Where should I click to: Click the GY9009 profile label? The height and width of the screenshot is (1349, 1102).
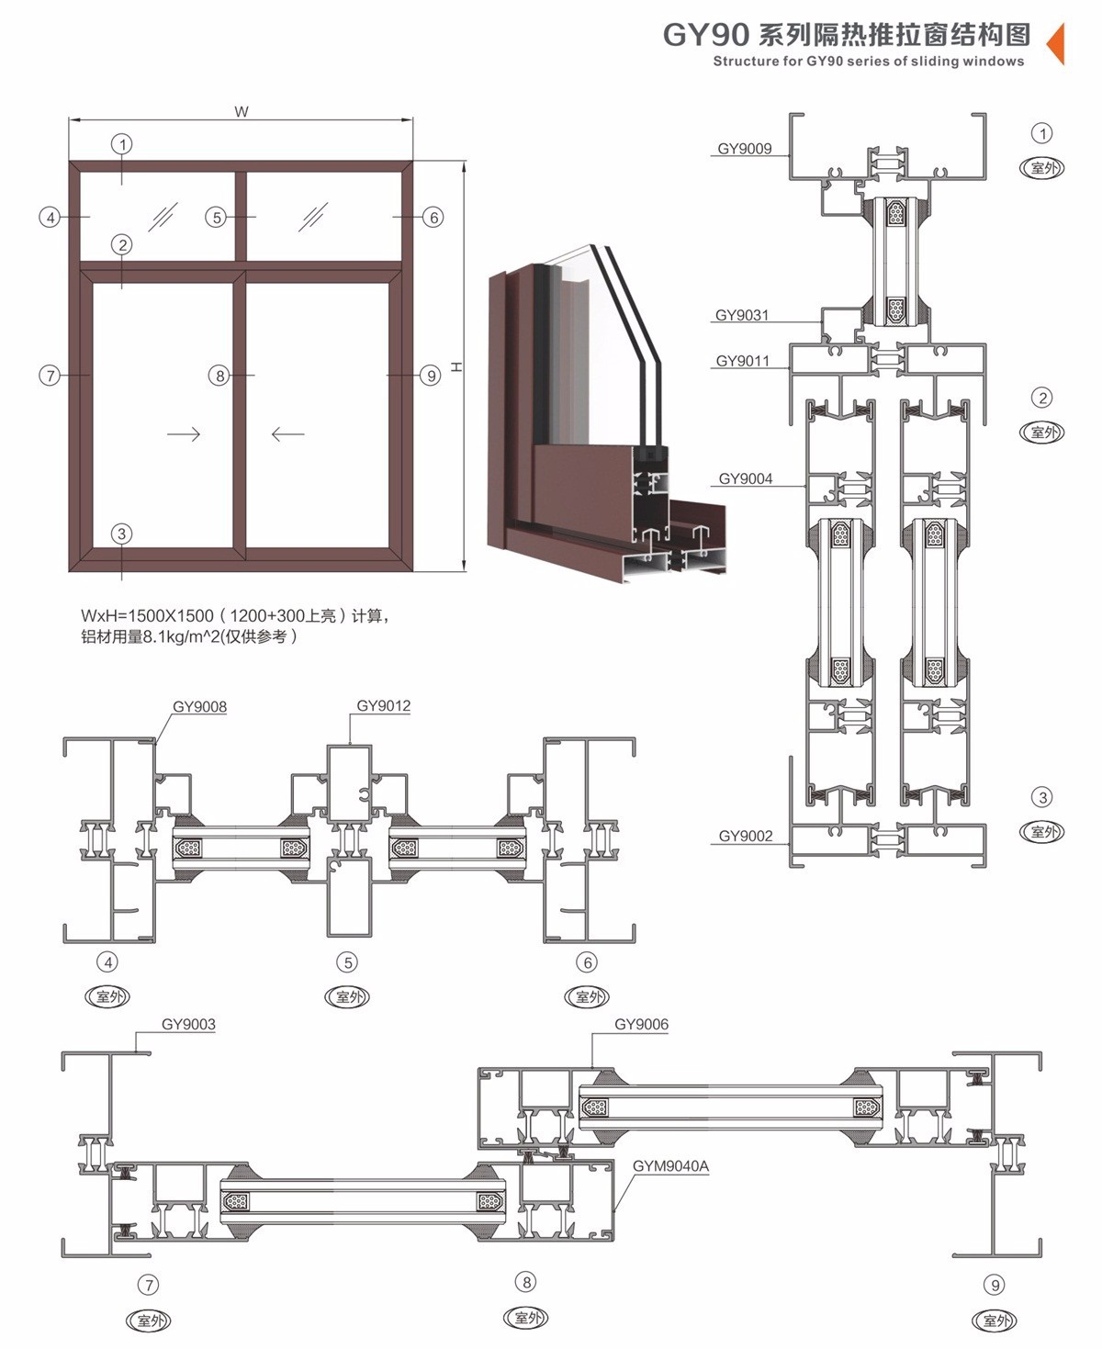745,149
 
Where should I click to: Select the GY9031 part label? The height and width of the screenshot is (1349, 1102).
742,315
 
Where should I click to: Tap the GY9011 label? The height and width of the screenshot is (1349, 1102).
743,361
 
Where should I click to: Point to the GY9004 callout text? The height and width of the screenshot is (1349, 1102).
746,478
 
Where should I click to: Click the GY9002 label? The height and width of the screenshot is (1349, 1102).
746,836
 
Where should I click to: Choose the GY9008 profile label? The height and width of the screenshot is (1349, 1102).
199,706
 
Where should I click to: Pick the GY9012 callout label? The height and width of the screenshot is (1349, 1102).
384,705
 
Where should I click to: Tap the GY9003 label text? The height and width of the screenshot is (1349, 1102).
188,1023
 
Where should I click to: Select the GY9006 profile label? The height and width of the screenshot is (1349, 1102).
642,1023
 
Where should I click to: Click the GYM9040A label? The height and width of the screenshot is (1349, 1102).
671,1165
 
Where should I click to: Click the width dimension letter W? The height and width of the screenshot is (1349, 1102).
242,112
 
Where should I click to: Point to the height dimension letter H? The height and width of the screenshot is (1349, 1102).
456,366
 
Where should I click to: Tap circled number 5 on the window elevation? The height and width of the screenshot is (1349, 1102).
216,218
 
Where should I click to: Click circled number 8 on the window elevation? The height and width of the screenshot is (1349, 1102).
219,376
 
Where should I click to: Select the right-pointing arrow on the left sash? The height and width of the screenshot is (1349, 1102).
185,434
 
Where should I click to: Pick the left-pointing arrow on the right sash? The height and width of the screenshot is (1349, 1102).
287,434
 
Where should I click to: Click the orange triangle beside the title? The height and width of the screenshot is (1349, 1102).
1056,43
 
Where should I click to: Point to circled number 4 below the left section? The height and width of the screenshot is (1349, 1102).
107,961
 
